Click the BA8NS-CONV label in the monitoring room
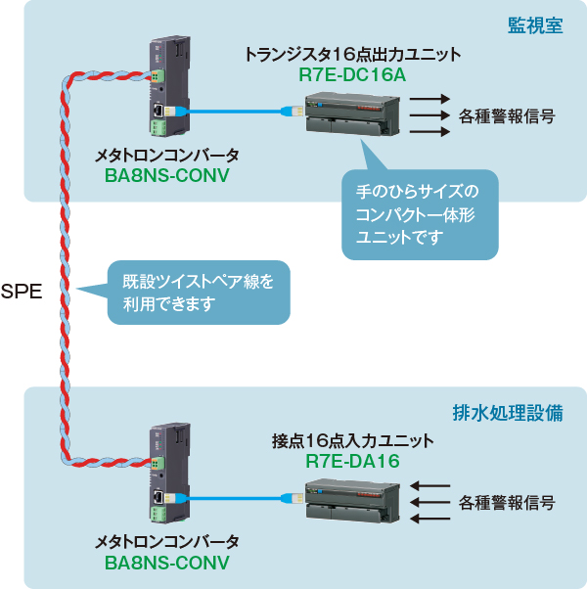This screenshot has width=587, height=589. coord(165,176)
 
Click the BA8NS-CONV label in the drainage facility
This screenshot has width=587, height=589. coord(165,563)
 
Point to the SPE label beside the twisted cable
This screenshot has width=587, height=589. coord(22,291)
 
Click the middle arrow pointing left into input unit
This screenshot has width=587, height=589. coord(429,503)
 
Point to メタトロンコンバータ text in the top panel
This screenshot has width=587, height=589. coord(165,156)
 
